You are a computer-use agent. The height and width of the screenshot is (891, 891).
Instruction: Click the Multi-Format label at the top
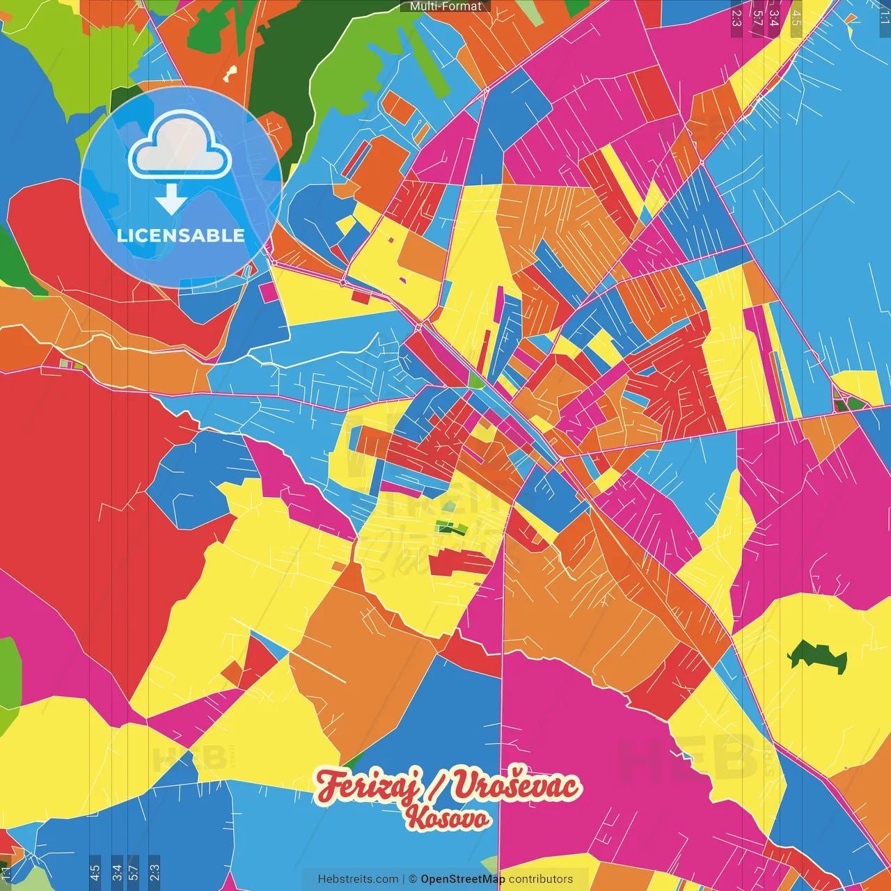(x=445, y=6)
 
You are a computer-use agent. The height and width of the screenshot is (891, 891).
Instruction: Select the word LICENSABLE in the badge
(x=181, y=235)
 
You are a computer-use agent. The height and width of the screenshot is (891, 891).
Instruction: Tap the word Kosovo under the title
(x=448, y=819)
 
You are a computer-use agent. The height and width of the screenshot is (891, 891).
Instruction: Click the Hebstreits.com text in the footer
(x=358, y=879)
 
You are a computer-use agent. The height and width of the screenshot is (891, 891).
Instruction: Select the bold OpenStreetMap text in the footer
(x=463, y=879)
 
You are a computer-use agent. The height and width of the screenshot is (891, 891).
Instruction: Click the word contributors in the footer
(x=541, y=879)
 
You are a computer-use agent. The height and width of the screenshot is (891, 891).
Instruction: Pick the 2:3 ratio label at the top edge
(x=736, y=17)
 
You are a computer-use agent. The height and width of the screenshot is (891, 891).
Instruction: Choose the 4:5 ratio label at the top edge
(x=796, y=17)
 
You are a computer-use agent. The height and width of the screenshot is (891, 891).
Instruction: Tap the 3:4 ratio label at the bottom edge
(x=117, y=872)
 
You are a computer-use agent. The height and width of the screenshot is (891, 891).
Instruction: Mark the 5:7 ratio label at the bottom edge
(x=134, y=872)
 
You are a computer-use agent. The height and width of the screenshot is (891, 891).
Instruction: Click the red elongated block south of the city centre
(x=460, y=562)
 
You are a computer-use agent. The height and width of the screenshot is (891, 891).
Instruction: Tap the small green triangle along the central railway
(x=475, y=380)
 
